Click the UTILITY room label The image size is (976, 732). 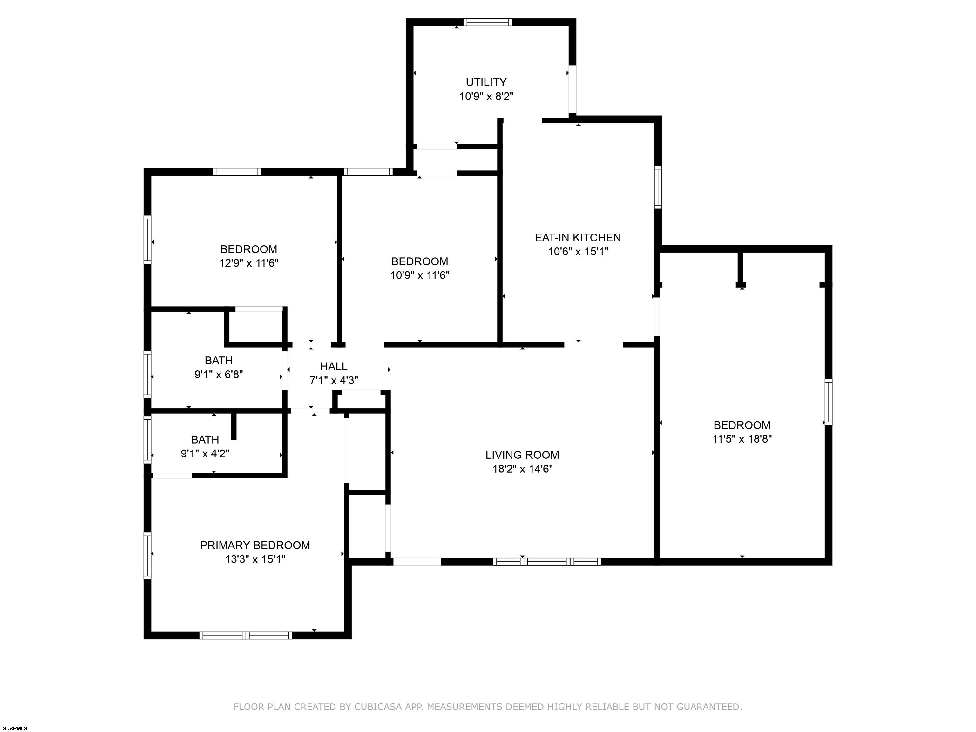click(x=486, y=83)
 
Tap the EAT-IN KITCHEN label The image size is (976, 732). click(x=578, y=238)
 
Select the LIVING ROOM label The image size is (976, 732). click(x=522, y=455)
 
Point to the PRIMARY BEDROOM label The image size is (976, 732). click(x=255, y=546)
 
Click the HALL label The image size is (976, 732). click(x=334, y=366)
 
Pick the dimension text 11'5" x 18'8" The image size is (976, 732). click(x=742, y=439)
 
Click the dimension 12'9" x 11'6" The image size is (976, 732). click(x=249, y=263)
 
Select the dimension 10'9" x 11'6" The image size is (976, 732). click(x=420, y=276)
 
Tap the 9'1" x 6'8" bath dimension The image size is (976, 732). click(x=219, y=375)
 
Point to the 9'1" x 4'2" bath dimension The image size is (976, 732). click(x=205, y=454)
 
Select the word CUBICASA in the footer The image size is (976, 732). click(x=378, y=707)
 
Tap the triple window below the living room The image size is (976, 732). click(x=547, y=562)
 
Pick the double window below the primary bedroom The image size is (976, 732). click(x=246, y=635)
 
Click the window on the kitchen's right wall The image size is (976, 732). click(x=658, y=187)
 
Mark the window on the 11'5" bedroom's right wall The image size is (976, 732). click(x=829, y=402)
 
